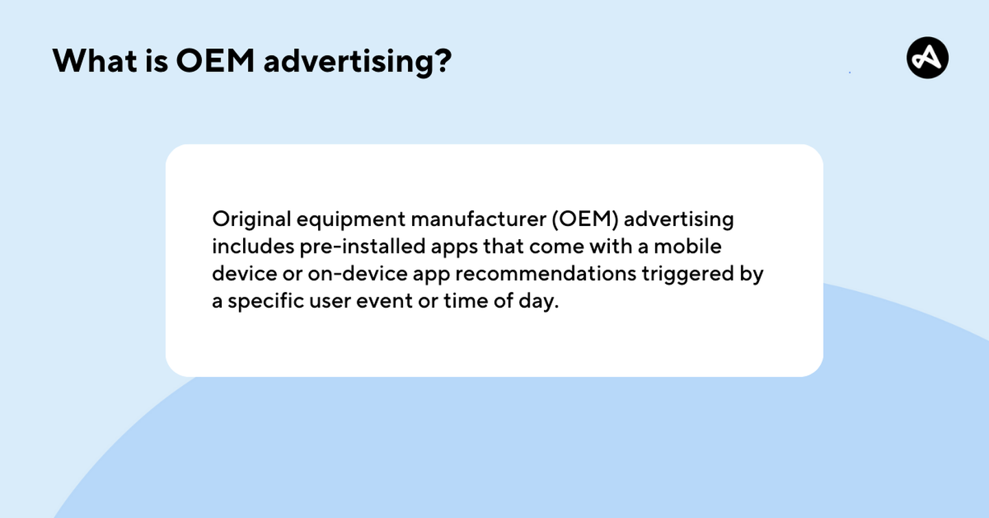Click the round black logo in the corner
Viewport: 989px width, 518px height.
tap(927, 58)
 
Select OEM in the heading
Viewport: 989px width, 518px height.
tap(215, 60)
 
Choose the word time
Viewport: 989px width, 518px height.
tap(466, 302)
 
